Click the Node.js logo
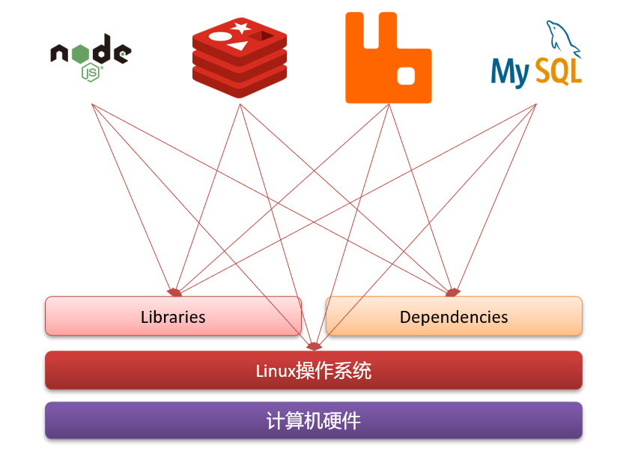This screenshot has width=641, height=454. [91, 55]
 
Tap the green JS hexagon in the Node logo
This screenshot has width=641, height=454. [91, 72]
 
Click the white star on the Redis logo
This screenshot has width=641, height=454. [241, 28]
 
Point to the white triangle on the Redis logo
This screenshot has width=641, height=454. [237, 46]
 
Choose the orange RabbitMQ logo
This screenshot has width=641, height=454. [388, 58]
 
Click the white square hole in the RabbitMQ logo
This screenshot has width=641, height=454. [406, 75]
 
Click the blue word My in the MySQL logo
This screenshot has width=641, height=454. [510, 73]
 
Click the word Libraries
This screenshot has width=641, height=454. [173, 317]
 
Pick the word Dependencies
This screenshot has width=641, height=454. [454, 317]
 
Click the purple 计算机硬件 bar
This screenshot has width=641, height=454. [314, 420]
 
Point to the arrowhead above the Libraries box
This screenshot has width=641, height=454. [174, 291]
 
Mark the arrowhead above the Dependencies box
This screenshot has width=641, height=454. [452, 291]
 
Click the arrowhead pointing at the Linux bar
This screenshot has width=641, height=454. [314, 346]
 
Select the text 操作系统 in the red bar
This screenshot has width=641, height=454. [334, 371]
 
